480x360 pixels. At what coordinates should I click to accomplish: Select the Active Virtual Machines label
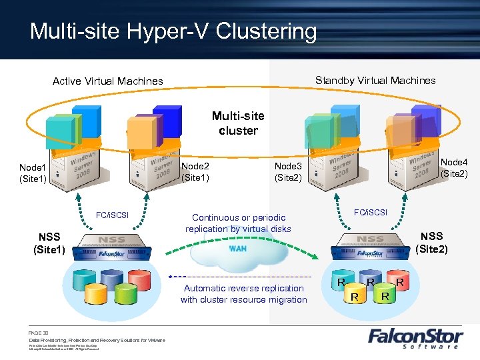pyautogui.click(x=107, y=81)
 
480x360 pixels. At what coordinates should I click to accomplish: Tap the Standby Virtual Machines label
pyautogui.click(x=375, y=81)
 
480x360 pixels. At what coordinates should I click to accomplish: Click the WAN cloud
pyautogui.click(x=239, y=249)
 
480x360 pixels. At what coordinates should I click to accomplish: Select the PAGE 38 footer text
pyautogui.click(x=39, y=332)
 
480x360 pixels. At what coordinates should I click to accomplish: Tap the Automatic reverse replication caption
pyautogui.click(x=244, y=294)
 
